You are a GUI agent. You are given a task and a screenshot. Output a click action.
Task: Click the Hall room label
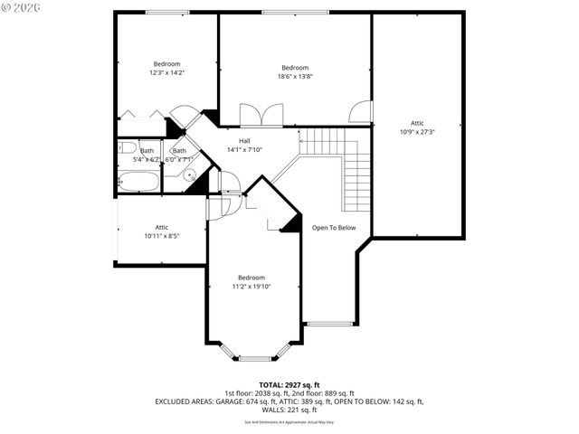[244, 141]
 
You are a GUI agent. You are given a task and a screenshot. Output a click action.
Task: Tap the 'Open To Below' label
[334, 228]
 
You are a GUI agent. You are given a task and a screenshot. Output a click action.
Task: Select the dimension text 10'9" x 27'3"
[417, 131]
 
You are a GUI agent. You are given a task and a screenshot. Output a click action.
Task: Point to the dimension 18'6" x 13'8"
[295, 77]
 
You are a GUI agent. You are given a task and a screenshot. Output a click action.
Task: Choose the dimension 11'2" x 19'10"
[252, 287]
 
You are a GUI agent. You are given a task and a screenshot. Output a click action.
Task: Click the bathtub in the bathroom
[138, 181]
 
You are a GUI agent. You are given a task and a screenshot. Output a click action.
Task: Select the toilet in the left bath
[126, 147]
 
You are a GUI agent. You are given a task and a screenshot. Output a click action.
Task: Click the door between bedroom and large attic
[361, 111]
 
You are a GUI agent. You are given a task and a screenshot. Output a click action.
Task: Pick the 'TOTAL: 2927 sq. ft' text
[289, 384]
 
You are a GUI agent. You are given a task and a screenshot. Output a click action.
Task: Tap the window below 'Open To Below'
[331, 323]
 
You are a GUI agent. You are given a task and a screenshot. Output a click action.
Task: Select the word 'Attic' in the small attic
[162, 227]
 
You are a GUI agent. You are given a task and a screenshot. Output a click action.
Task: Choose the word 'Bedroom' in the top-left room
[166, 64]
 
